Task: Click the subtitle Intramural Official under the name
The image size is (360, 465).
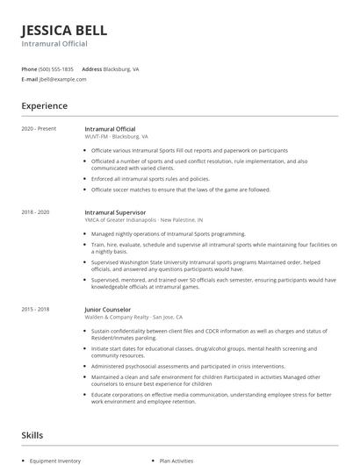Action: point(54,43)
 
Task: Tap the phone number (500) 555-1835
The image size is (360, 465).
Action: point(56,68)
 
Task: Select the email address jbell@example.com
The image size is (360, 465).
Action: point(62,79)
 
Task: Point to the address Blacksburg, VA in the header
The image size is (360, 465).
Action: point(121,68)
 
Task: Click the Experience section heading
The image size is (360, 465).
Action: point(45,106)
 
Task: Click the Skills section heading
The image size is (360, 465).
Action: point(32,434)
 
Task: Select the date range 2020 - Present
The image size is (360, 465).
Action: point(39,129)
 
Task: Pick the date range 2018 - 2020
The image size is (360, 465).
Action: point(36,212)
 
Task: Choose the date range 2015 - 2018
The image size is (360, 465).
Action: point(36,309)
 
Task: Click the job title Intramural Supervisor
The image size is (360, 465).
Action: point(115,212)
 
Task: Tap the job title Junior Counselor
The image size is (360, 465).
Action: point(107,309)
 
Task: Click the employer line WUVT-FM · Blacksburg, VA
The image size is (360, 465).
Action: point(116,137)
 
